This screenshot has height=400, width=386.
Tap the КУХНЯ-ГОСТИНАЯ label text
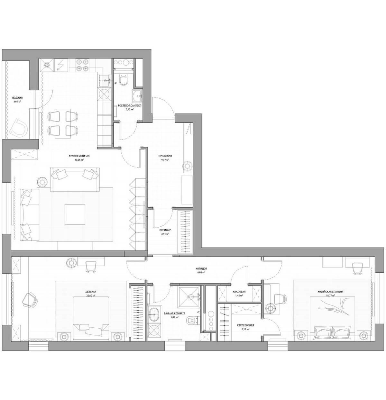79,156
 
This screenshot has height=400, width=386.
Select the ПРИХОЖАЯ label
165,156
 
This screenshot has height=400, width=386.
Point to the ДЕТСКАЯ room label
91,292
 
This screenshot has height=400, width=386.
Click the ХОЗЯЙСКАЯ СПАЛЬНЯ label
330,292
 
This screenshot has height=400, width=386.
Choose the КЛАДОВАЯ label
239,292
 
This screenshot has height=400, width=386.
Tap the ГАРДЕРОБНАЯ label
245,325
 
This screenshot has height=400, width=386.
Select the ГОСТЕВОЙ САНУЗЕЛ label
130,105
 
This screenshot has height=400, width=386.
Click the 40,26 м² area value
79,159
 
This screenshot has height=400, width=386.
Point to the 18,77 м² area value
330,295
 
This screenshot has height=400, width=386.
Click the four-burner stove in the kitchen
83,65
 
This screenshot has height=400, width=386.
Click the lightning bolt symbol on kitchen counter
60,65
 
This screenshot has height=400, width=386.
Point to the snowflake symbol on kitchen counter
47,65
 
